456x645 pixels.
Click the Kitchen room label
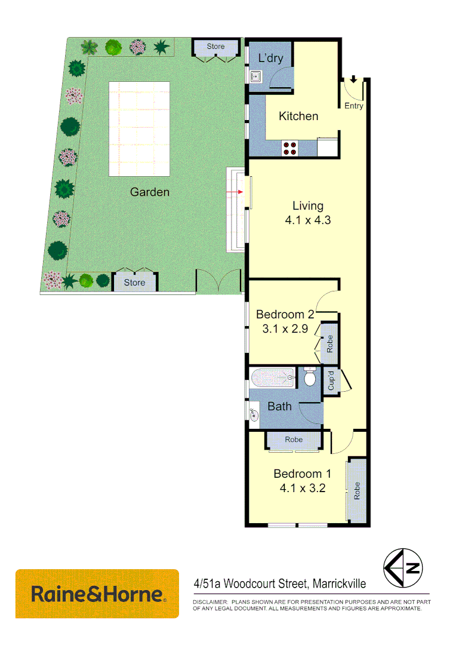pyautogui.click(x=298, y=116)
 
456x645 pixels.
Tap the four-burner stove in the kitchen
pyautogui.click(x=290, y=148)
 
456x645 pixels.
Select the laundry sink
pyautogui.click(x=255, y=76)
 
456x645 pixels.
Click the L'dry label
pyautogui.click(x=270, y=59)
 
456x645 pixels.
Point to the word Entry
pyautogui.click(x=354, y=106)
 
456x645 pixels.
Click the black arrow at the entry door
pyautogui.click(x=353, y=79)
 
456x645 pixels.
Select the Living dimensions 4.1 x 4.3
pyautogui.click(x=308, y=220)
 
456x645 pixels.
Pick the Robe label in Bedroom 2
pyautogui.click(x=329, y=344)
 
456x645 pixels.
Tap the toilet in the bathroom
pyautogui.click(x=309, y=377)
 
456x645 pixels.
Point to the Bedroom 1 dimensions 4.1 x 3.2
pyautogui.click(x=302, y=487)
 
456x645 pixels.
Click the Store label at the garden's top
pyautogui.click(x=215, y=46)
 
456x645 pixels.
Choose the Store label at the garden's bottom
pyautogui.click(x=135, y=282)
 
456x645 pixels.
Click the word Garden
pyautogui.click(x=150, y=192)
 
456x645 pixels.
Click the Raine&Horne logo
pyautogui.click(x=97, y=594)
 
